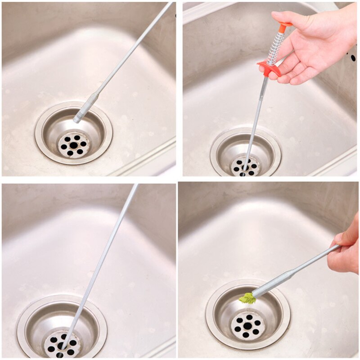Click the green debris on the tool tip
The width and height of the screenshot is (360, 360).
(247, 297)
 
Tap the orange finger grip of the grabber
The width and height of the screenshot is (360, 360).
(269, 68)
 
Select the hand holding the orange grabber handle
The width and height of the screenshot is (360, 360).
(315, 45)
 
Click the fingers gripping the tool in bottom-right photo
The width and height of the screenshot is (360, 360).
(344, 252)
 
